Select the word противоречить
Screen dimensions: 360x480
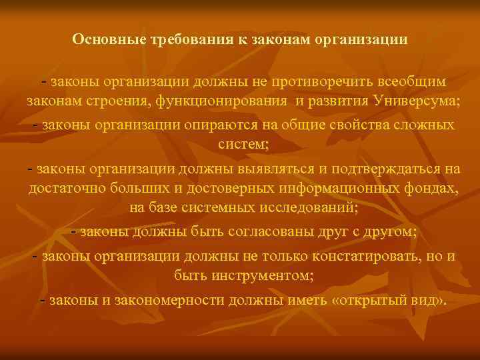point(308,81)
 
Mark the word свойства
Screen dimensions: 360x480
point(355,125)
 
